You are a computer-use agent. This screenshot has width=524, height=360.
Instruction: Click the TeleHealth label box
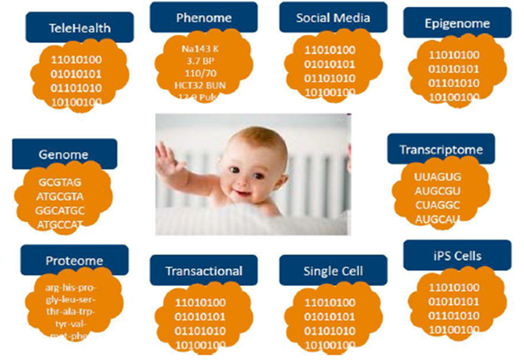coord(80,27)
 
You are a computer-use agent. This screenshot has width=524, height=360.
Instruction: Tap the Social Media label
coord(333,18)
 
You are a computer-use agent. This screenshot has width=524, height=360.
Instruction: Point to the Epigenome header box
coord(457,23)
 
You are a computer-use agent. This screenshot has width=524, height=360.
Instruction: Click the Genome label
coord(64,154)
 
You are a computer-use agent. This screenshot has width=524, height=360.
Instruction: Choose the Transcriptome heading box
coord(441,149)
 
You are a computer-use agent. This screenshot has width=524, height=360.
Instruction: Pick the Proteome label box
coord(74,261)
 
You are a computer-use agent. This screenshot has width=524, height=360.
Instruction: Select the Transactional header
coord(203,271)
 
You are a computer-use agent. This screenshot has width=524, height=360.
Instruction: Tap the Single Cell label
coord(333,271)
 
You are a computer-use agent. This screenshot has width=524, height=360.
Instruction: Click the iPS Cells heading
coord(457,256)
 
